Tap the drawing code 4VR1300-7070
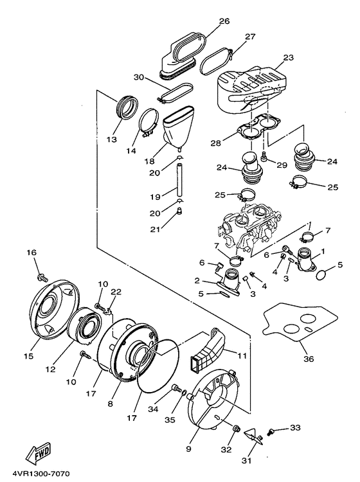coord(41,474)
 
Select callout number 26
coord(224,21)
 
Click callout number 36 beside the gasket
coord(309,359)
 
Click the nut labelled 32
coord(236,428)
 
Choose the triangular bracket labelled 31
coord(254,436)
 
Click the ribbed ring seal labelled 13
coord(127,107)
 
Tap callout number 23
coord(289,57)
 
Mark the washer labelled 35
coord(184,393)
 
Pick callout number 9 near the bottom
coord(188,449)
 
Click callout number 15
coord(28,356)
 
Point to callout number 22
coord(116,292)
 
